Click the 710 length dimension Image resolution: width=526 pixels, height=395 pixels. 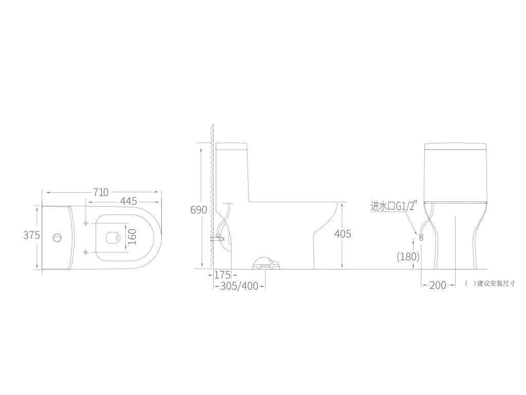click(x=101, y=192)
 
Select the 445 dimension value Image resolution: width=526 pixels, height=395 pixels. click(x=129, y=201)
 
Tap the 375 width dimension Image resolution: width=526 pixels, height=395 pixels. click(x=31, y=235)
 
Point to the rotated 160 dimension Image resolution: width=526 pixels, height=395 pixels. click(x=133, y=237)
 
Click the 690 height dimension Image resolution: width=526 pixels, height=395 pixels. click(x=199, y=210)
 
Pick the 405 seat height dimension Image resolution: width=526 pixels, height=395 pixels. click(x=343, y=234)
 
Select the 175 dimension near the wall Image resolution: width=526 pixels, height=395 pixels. click(x=222, y=276)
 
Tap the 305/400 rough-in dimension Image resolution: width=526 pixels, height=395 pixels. click(x=239, y=286)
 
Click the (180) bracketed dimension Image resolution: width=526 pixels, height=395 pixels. click(x=408, y=257)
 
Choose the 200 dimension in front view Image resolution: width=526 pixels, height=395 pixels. click(x=438, y=285)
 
